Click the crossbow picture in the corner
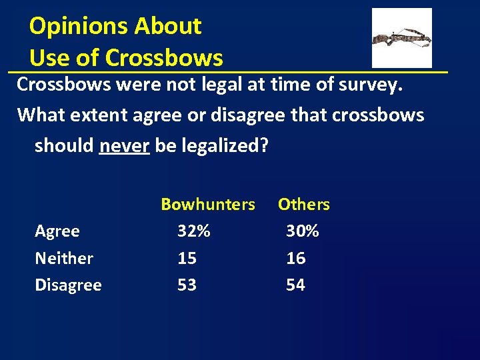(x=401, y=38)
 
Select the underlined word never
(x=124, y=145)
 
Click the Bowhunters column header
(x=208, y=205)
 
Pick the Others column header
(x=303, y=205)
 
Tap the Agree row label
(x=57, y=231)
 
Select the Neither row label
(x=64, y=258)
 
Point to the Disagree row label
(x=68, y=285)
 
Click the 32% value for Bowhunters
(x=194, y=231)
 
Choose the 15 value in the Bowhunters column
(x=187, y=258)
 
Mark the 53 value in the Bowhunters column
(x=187, y=285)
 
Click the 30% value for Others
(x=303, y=231)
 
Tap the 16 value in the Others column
(x=295, y=258)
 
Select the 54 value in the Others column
(x=295, y=285)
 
